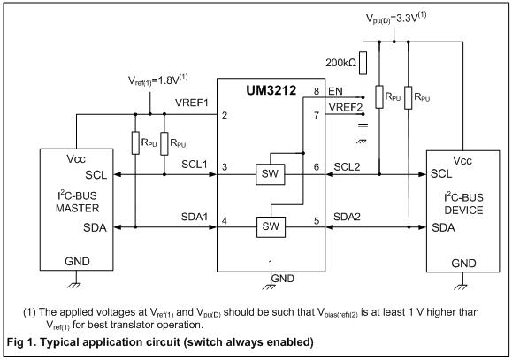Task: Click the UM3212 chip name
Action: tap(271, 90)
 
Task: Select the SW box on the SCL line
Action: tap(270, 174)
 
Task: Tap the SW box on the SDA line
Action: tap(271, 226)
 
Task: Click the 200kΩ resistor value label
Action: tap(340, 63)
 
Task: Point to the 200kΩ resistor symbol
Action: tap(363, 63)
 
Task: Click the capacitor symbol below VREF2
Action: tap(363, 125)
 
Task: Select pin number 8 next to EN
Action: tap(316, 91)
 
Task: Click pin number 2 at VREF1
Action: tap(225, 115)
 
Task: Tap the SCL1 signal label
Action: tap(195, 164)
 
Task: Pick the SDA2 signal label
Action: tap(347, 217)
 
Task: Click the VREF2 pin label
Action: tap(346, 107)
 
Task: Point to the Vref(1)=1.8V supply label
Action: tap(157, 80)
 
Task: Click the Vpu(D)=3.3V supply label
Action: tap(396, 18)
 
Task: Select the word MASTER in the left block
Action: tap(78, 208)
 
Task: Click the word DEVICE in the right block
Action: tap(463, 210)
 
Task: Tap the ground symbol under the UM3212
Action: tap(270, 287)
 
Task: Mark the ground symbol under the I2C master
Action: tap(74, 285)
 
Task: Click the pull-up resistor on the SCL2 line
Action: tap(379, 96)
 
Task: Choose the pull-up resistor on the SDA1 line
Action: tap(135, 142)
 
